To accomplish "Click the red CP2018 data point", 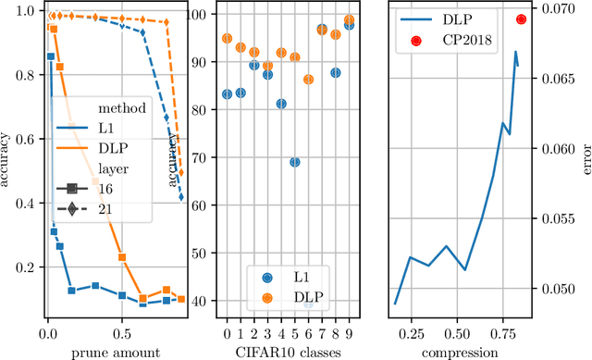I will pyautogui.click(x=521, y=19).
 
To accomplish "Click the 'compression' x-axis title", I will pyautogui.click(x=460, y=353).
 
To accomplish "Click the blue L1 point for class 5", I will pyautogui.click(x=295, y=162).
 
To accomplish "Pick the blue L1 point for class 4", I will pyautogui.click(x=281, y=104).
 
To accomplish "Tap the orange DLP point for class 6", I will pyautogui.click(x=308, y=80).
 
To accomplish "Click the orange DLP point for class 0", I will pyautogui.click(x=228, y=39).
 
